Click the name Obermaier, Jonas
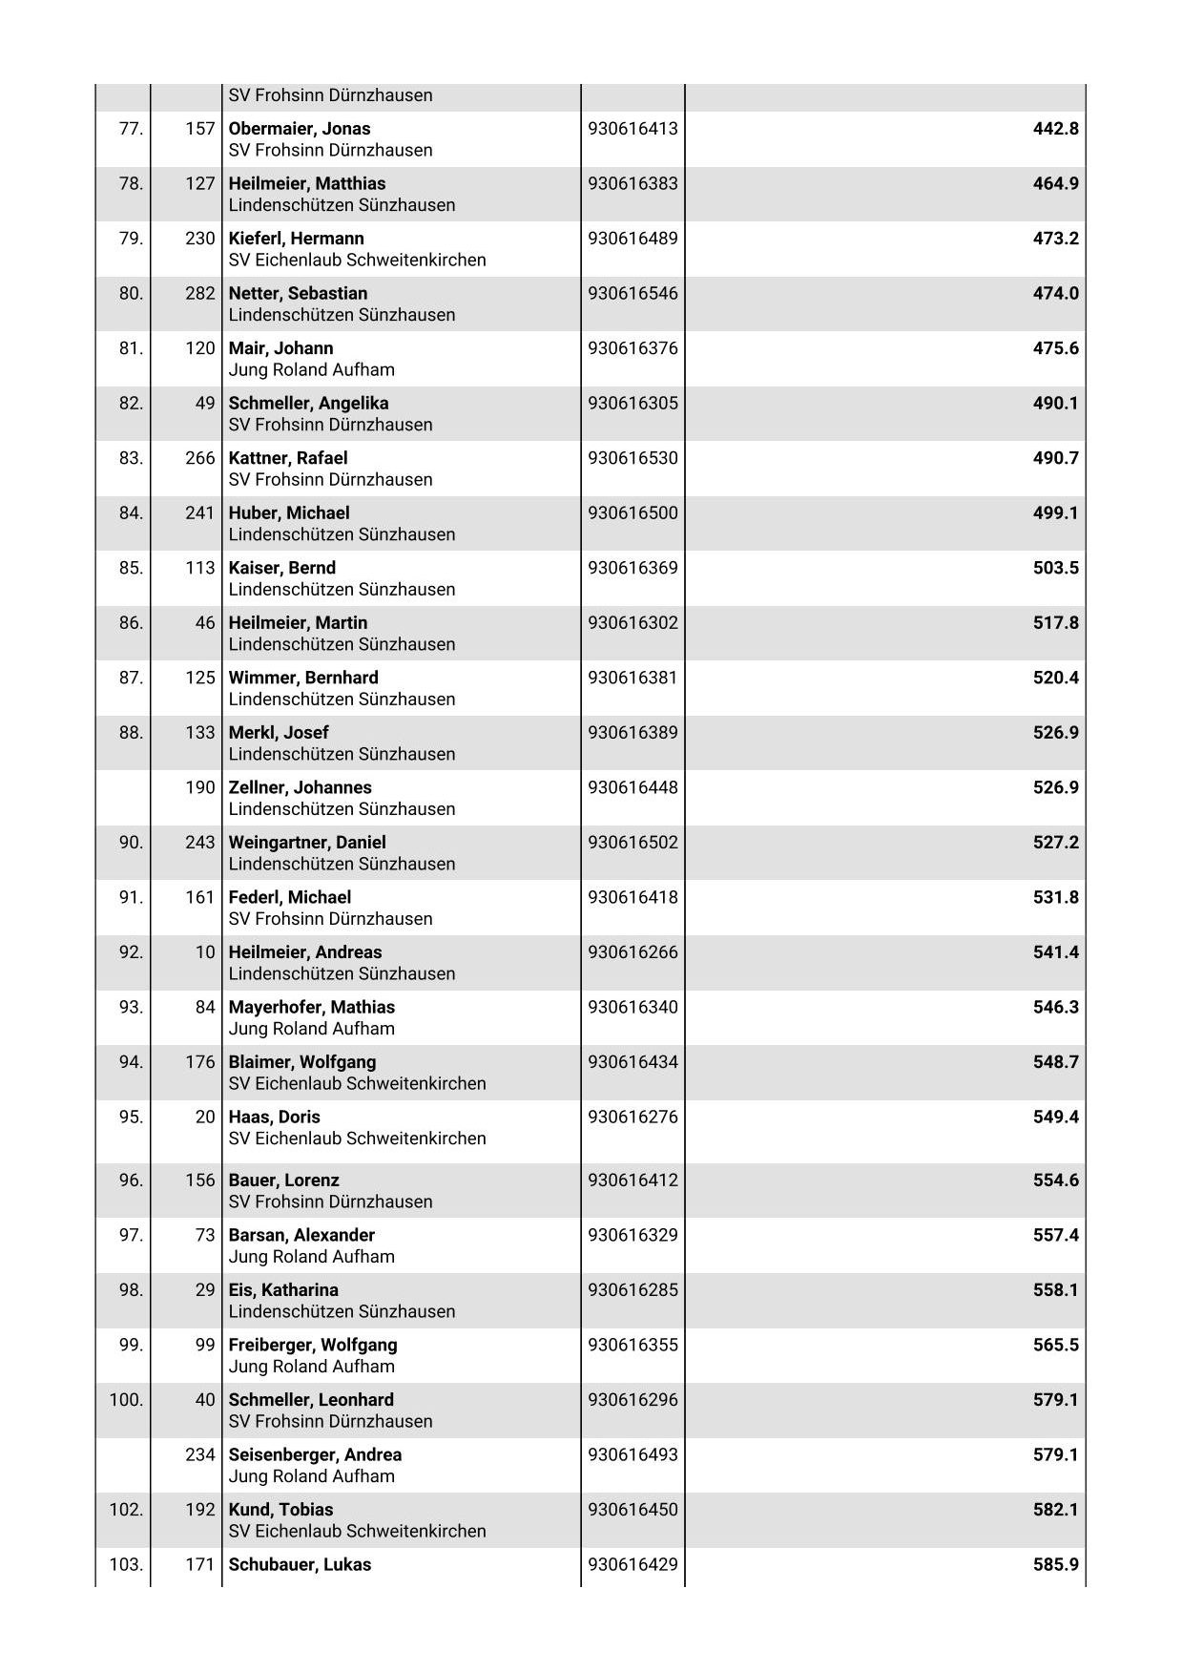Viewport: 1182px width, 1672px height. point(299,129)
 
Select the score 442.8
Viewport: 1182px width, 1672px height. point(1055,129)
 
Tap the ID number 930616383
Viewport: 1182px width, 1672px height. point(632,183)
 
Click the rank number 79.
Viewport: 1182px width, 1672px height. point(131,239)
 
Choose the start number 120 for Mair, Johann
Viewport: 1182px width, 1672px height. point(200,348)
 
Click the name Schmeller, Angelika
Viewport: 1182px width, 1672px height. point(308,403)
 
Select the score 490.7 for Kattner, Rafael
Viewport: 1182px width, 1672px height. point(1055,458)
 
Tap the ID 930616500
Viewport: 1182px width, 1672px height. point(632,512)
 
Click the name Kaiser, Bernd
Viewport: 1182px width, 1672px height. point(281,568)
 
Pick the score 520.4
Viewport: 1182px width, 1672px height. point(1055,678)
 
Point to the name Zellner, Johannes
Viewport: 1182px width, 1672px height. point(300,787)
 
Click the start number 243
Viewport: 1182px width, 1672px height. point(200,843)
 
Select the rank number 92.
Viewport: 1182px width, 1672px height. point(131,952)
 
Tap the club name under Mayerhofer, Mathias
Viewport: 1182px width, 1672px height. point(311,1029)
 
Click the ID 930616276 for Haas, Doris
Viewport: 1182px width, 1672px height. point(632,1117)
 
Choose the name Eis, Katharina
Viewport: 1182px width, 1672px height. point(283,1290)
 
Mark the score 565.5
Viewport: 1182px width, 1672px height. point(1055,1345)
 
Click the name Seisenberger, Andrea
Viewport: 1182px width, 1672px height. point(315,1454)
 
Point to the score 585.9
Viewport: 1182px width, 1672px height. point(1055,1564)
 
